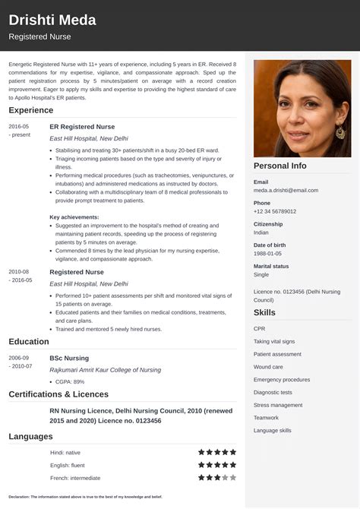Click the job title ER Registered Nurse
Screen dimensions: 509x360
pos(82,126)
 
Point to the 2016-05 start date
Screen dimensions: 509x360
pos(19,126)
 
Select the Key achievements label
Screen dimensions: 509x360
pos(74,217)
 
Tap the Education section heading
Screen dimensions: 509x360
pos(29,342)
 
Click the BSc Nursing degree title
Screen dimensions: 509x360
pos(70,357)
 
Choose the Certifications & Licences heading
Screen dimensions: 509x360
pos(58,394)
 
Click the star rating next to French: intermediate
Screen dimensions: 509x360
pos(217,478)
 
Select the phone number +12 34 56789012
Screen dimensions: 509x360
pos(275,211)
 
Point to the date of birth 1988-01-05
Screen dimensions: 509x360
pos(269,254)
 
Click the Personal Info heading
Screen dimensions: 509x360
pos(280,166)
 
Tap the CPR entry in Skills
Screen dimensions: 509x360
pos(260,328)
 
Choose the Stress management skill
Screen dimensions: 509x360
pos(278,405)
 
